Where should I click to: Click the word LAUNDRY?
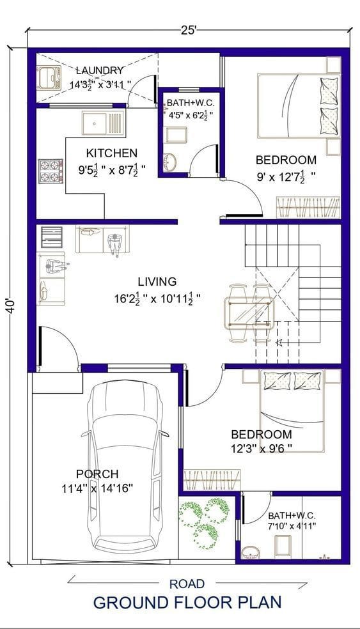pyautogui.click(x=99, y=70)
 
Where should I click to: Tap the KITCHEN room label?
pyautogui.click(x=112, y=153)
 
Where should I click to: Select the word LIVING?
pyautogui.click(x=157, y=281)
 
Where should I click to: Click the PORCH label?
pyautogui.click(x=97, y=474)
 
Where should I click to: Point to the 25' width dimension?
pyautogui.click(x=189, y=29)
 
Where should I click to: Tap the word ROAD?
pyautogui.click(x=187, y=583)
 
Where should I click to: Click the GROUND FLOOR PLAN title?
pyautogui.click(x=187, y=602)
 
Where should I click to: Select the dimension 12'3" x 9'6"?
pyautogui.click(x=262, y=449)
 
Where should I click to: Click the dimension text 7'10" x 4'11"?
pyautogui.click(x=292, y=527)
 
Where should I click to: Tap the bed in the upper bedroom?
pyautogui.click(x=297, y=105)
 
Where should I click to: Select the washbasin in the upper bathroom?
pyautogui.click(x=170, y=162)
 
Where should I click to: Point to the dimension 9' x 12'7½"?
pyautogui.click(x=286, y=175)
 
